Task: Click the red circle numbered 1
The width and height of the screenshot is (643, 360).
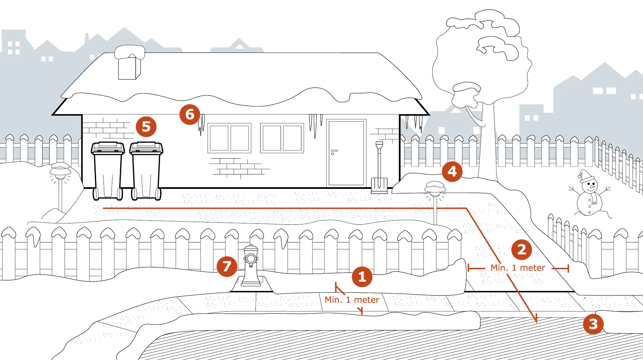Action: click(362, 277)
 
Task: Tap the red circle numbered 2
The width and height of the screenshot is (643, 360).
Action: click(522, 249)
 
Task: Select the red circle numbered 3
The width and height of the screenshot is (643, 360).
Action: click(593, 324)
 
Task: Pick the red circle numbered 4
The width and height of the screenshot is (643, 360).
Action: click(452, 171)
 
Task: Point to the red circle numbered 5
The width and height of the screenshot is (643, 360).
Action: click(146, 127)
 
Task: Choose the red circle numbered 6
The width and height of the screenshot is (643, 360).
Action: click(190, 115)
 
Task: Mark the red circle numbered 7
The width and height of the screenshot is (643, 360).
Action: click(227, 267)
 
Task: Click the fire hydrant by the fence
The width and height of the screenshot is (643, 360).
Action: click(251, 265)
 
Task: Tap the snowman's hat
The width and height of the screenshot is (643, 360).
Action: click(585, 176)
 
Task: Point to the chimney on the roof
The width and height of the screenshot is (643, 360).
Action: click(130, 63)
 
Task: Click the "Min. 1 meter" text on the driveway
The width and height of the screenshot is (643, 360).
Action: click(518, 268)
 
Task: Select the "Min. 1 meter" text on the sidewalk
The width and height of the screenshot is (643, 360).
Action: click(352, 300)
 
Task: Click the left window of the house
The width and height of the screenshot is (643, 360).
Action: click(229, 138)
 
